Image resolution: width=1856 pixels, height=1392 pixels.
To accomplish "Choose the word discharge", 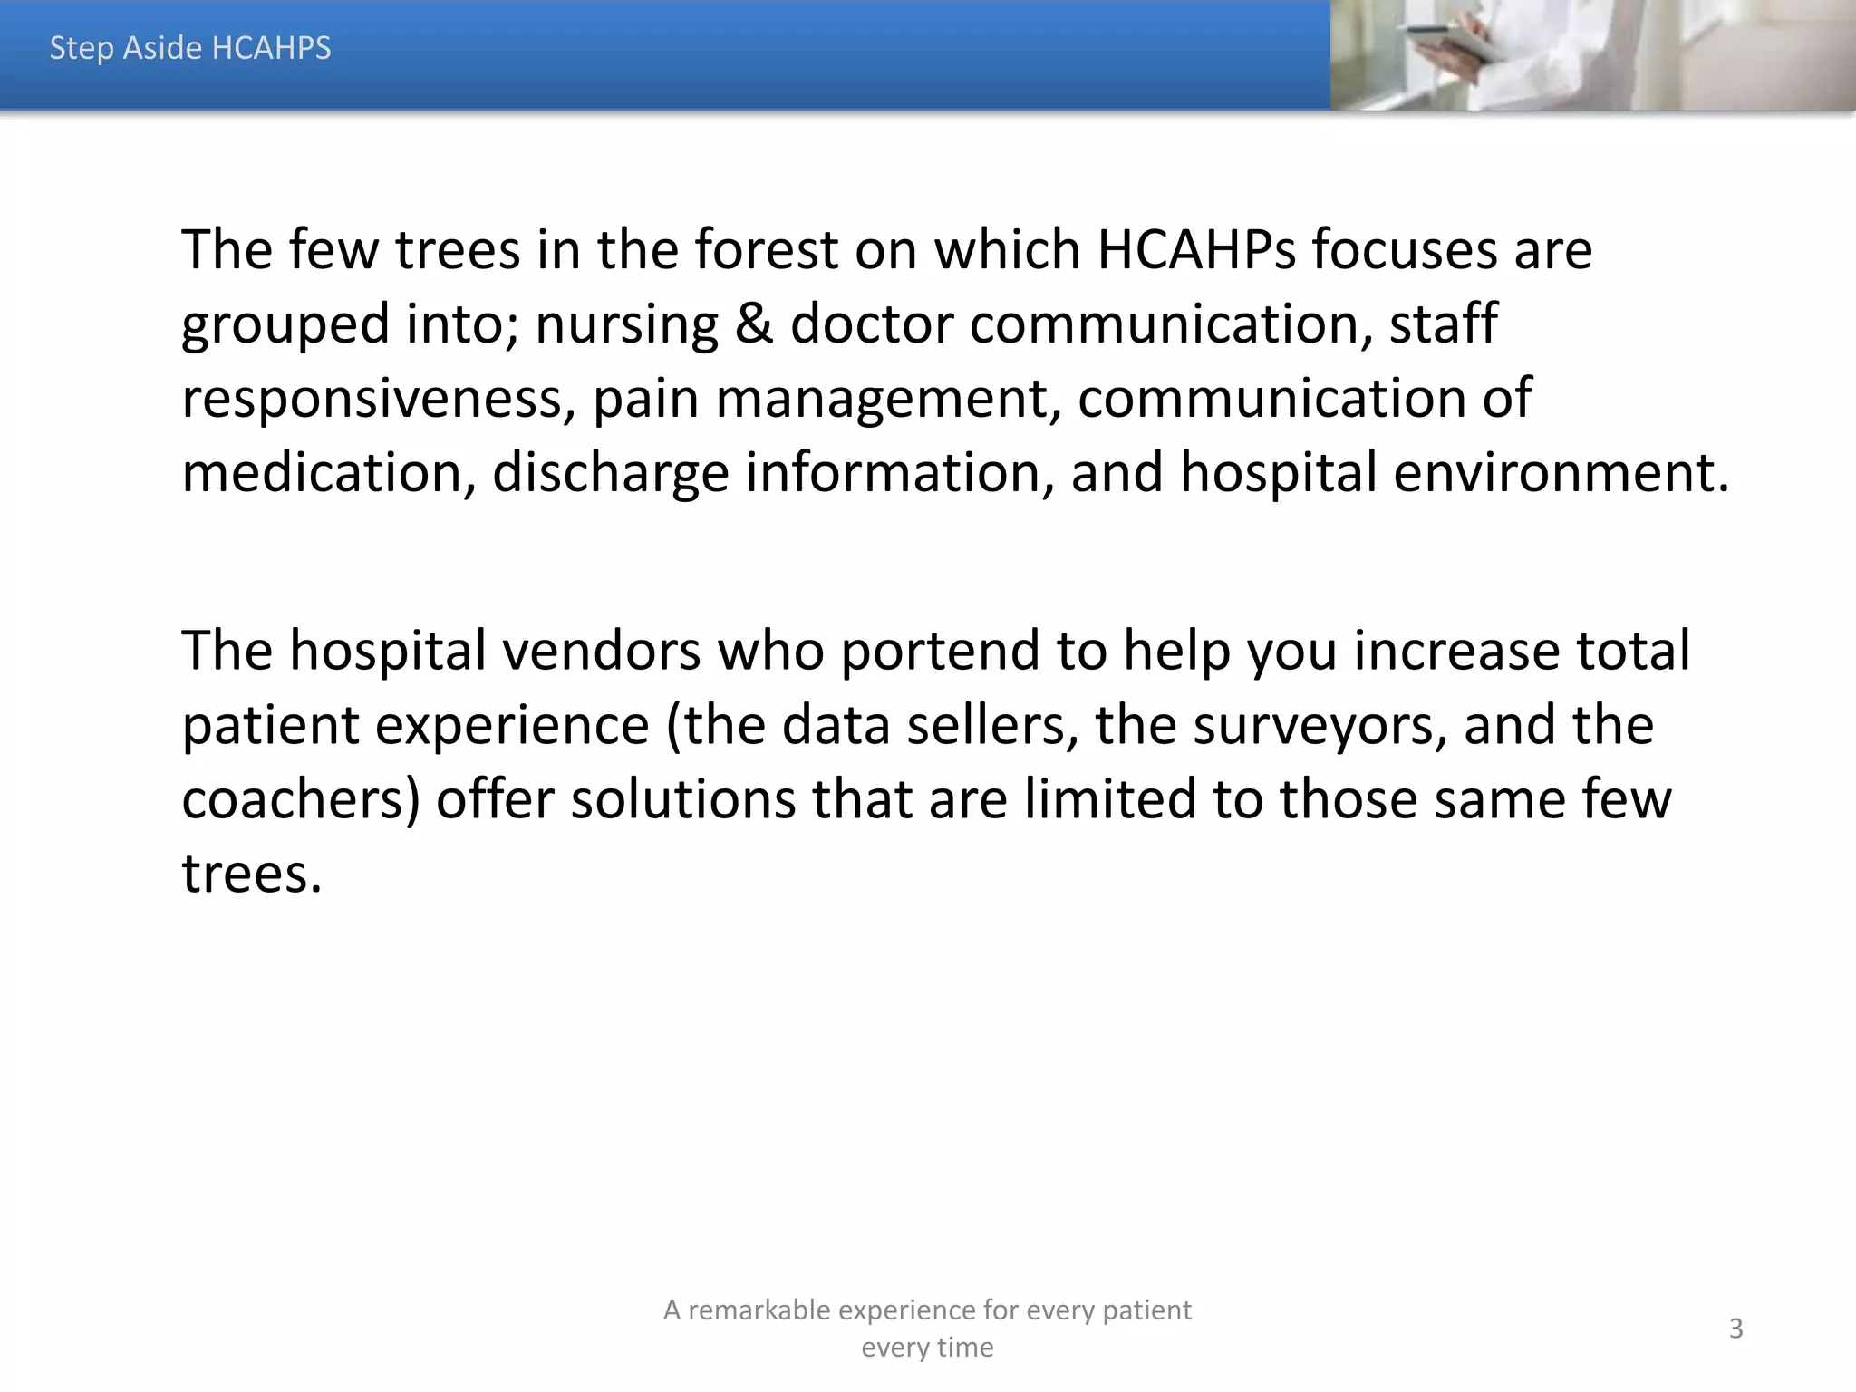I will [610, 474].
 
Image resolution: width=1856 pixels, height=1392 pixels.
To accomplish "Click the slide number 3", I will [1735, 1329].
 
